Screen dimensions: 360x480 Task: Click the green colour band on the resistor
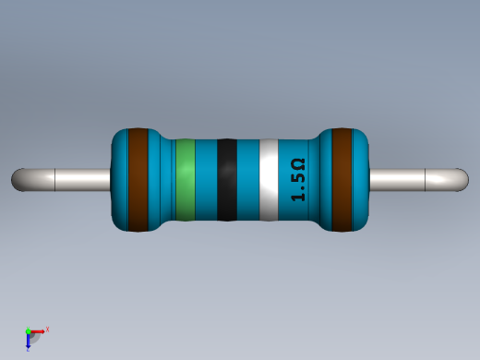click(x=186, y=180)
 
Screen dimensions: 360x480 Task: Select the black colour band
click(x=226, y=180)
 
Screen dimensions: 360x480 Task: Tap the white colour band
click(x=269, y=180)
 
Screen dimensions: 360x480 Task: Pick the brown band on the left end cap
click(x=138, y=180)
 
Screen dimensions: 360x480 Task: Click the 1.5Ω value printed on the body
click(x=297, y=180)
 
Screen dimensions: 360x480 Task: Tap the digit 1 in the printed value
click(x=297, y=196)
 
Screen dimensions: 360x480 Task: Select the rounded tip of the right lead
click(x=461, y=180)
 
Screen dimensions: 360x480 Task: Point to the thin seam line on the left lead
click(x=56, y=180)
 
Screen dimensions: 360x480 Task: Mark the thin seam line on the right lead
click(x=423, y=180)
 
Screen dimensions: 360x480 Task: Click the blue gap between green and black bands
click(x=206, y=180)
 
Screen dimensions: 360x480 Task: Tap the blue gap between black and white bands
click(x=247, y=180)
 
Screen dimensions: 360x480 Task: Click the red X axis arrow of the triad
click(x=39, y=330)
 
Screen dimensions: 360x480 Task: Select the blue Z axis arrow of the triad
click(x=29, y=343)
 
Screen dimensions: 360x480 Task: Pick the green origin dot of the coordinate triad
click(x=29, y=330)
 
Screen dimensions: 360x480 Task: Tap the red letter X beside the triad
click(x=47, y=329)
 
